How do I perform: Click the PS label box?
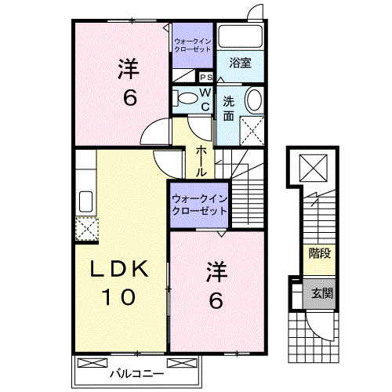[x=206, y=77]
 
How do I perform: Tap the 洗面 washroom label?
[x=227, y=108]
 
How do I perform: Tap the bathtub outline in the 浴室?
[x=240, y=37]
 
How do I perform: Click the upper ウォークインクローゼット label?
[x=192, y=45]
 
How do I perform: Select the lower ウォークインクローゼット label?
[x=199, y=205]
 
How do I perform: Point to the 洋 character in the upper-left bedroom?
[x=129, y=69]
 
